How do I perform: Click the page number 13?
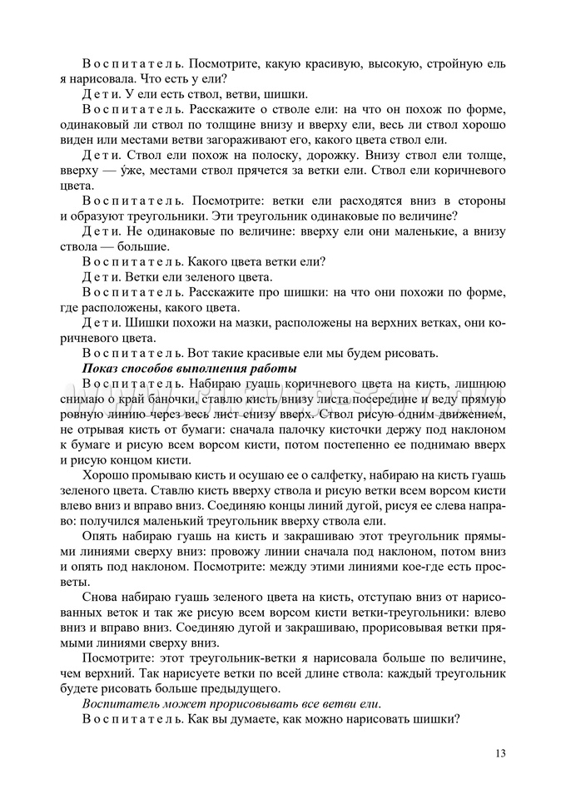click(499, 754)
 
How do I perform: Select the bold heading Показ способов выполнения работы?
click(190, 368)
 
